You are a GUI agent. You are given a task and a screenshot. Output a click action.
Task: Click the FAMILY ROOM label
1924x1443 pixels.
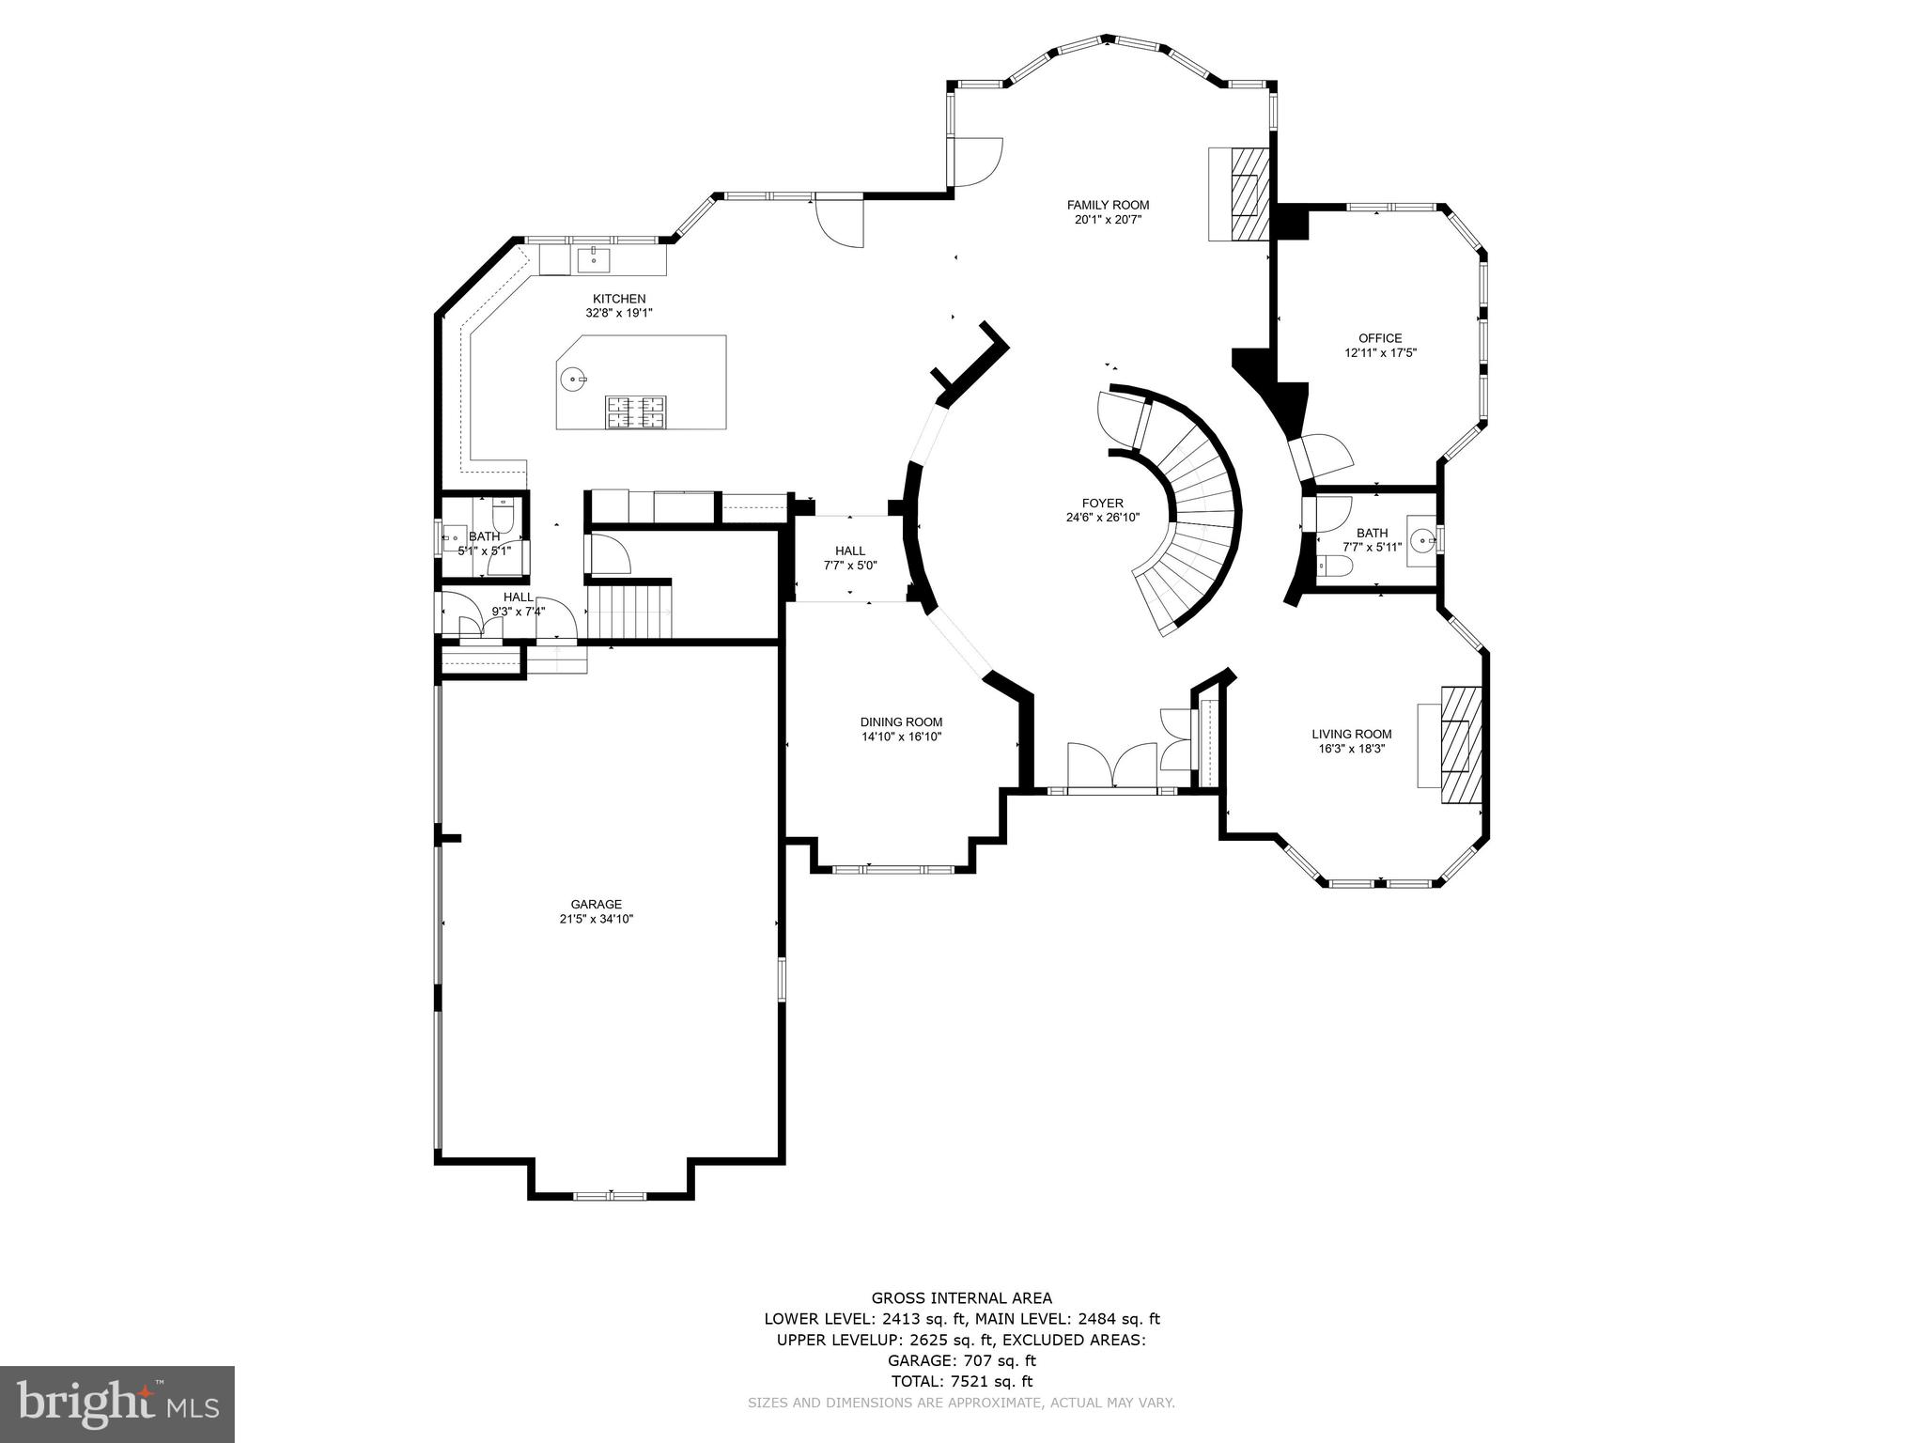tap(1108, 205)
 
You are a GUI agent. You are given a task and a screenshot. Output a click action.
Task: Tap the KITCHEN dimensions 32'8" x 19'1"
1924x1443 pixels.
tap(619, 313)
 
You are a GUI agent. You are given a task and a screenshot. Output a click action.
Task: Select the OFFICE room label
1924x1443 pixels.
tap(1380, 338)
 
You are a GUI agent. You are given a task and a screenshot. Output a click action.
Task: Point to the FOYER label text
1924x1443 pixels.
tap(1103, 504)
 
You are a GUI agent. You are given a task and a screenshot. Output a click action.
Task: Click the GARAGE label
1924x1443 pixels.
tap(597, 905)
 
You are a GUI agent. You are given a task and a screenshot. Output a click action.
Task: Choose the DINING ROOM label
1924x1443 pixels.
tap(902, 722)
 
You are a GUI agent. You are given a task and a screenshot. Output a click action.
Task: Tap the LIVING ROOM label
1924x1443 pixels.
tap(1352, 735)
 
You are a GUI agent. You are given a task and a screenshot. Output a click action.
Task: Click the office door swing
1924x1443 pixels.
tap(1324, 455)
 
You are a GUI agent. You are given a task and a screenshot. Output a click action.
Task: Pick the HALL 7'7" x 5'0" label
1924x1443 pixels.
tap(850, 558)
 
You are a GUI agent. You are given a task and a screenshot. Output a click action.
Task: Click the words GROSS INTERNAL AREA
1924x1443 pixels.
tap(962, 1298)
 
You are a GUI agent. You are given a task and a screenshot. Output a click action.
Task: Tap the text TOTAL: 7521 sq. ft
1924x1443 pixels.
tap(962, 1381)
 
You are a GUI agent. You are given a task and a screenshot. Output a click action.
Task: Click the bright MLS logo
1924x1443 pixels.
tap(117, 1404)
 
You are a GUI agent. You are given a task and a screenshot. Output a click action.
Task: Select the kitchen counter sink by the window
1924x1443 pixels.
tap(594, 258)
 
